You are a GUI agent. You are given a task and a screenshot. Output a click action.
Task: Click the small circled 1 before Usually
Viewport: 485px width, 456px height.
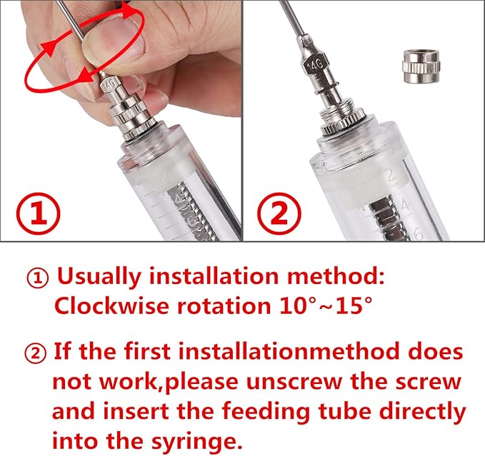(x=38, y=275)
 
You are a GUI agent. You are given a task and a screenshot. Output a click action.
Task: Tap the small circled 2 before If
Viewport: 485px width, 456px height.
(x=38, y=352)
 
